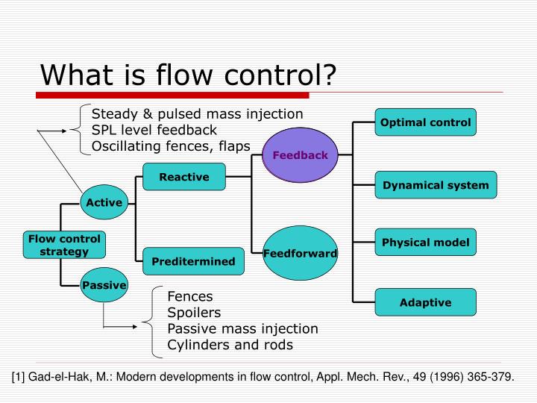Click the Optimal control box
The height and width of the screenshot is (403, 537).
[x=425, y=122]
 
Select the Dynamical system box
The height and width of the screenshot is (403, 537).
[x=436, y=185]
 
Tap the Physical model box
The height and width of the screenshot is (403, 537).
[x=425, y=242]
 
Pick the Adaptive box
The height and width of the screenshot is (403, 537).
[x=425, y=302]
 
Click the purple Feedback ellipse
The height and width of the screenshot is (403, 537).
[x=300, y=155]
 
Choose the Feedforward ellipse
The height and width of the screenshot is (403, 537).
[x=300, y=254]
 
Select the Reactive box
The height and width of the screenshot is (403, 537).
[x=183, y=177]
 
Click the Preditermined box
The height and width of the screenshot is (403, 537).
[x=193, y=261]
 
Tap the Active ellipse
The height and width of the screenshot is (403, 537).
[x=104, y=203]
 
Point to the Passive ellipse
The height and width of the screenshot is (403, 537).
[x=104, y=286]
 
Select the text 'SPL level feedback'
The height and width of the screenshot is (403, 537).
[x=154, y=130]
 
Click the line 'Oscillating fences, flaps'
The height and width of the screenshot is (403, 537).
[x=171, y=146]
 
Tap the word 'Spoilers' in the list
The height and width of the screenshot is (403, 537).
[x=194, y=312]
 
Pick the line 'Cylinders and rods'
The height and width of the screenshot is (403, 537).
[x=230, y=345]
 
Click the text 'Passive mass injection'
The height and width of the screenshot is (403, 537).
[x=242, y=328]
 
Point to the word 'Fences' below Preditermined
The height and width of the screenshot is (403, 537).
[x=189, y=296]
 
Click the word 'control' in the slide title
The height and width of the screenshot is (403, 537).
[x=280, y=75]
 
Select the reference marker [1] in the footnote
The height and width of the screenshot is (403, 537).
[x=19, y=377]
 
